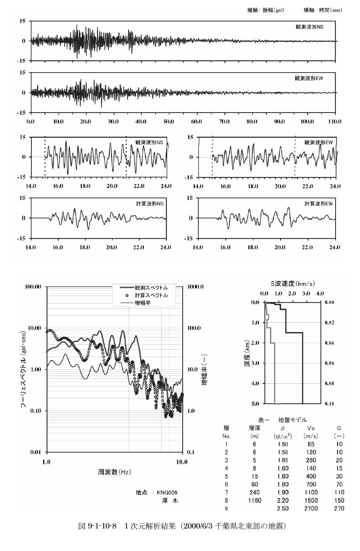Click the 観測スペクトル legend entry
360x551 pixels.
coord(144,287)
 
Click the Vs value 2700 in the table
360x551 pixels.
coord(311,508)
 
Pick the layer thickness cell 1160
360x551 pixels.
coord(254,500)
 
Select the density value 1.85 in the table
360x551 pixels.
coord(283,460)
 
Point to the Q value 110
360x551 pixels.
coord(339,492)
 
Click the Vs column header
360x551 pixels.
coord(311,428)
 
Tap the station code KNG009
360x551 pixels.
coord(167,492)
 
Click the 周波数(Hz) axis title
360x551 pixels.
coord(114,472)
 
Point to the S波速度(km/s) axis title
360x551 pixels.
coord(292,284)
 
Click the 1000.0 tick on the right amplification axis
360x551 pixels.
coord(195,287)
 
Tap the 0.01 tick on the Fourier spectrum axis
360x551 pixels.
coord(36,452)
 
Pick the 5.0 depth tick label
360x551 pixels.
coord(255,404)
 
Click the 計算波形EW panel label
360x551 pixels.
coord(318,204)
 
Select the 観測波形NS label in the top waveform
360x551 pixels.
coord(309,27)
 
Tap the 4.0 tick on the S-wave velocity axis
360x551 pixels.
coord(320,293)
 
